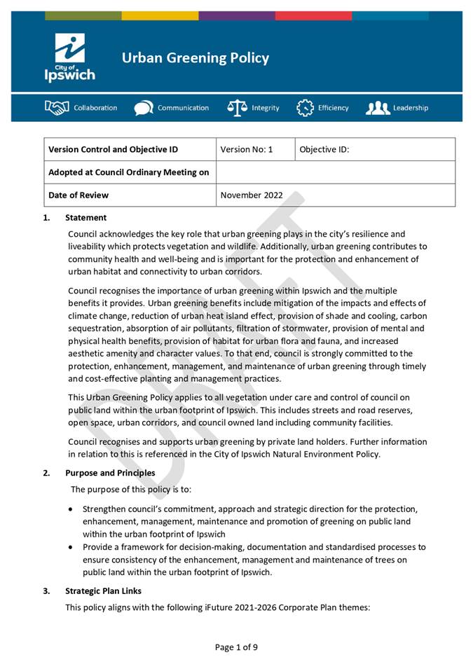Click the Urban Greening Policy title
coord(195,58)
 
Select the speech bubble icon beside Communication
coord(144,108)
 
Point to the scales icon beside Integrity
coord(238,108)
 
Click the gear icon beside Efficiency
coord(305,108)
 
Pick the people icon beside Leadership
coord(377,108)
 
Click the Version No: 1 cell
coord(246,149)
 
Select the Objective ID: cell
coord(324,149)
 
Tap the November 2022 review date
coord(252,195)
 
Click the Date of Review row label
coord(78,195)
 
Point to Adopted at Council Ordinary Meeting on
coord(128,172)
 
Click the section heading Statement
coord(85,218)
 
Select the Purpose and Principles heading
coord(110,473)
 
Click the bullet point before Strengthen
coord(72,509)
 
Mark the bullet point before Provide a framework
coord(72,547)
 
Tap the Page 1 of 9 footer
coord(236,647)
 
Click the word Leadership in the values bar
coord(411,108)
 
